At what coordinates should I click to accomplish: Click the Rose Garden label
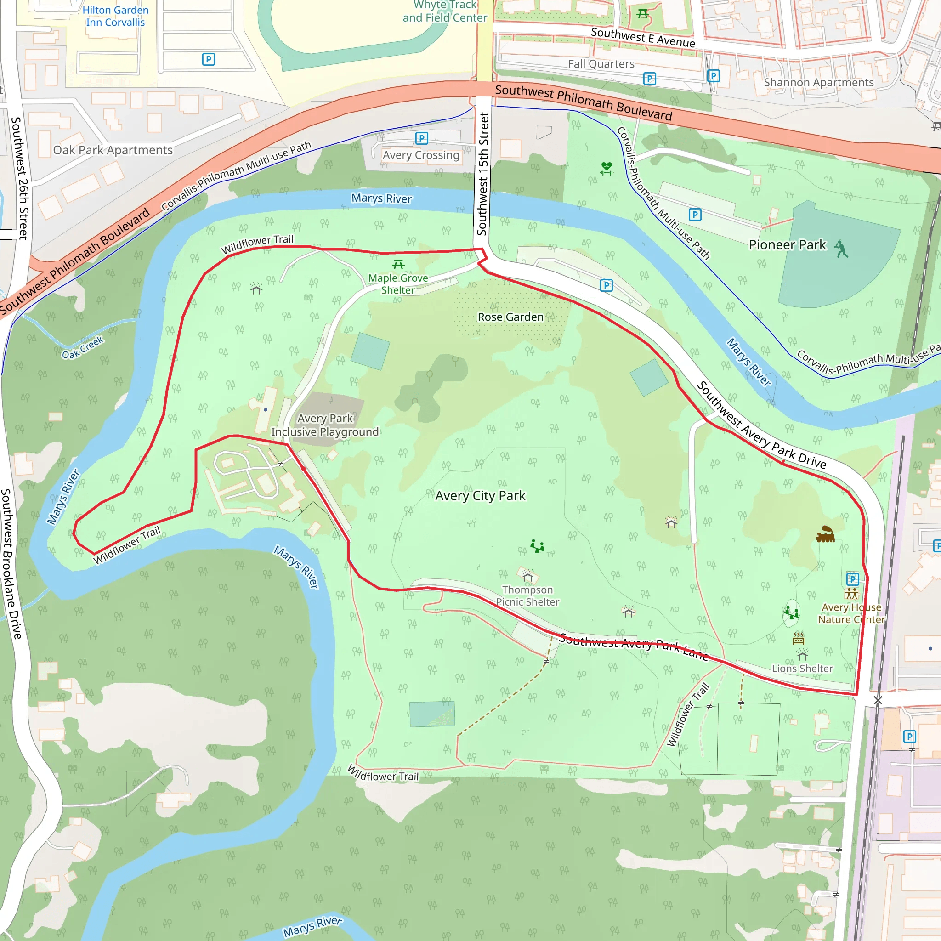510,317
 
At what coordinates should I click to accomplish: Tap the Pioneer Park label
787,244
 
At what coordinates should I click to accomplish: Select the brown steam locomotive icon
825,534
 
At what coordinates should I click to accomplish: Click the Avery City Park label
480,496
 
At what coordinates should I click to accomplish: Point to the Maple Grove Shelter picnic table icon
398,265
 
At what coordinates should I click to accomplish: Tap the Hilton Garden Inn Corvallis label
115,16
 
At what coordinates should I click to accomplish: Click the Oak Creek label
83,348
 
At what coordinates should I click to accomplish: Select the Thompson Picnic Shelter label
527,595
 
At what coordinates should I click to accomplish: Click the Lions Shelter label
802,669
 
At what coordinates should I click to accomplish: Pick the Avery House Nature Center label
851,613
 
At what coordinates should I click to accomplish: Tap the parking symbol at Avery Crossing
422,138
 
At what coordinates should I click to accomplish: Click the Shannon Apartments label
819,83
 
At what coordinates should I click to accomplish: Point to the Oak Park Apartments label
113,150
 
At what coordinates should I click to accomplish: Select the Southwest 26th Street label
20,178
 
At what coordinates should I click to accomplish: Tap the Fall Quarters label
601,64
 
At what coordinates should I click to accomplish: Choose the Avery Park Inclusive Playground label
325,425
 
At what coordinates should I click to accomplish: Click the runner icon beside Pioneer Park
841,249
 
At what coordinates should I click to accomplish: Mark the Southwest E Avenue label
643,38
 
